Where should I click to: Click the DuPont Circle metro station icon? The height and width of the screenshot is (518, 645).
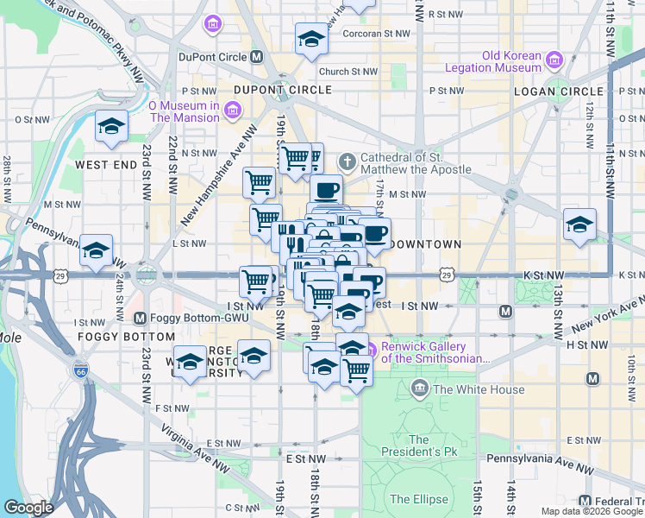(256, 57)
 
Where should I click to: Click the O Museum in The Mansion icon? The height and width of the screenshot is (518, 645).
(231, 110)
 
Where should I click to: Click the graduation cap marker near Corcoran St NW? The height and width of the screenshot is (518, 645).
(311, 38)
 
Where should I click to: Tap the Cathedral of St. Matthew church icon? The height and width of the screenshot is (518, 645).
(347, 161)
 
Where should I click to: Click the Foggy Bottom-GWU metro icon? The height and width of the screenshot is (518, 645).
(141, 318)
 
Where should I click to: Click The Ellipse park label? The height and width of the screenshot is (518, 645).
(419, 499)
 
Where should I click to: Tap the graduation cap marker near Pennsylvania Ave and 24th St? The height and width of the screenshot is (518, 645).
(97, 250)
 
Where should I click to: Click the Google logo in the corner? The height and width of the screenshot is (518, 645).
(28, 508)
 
